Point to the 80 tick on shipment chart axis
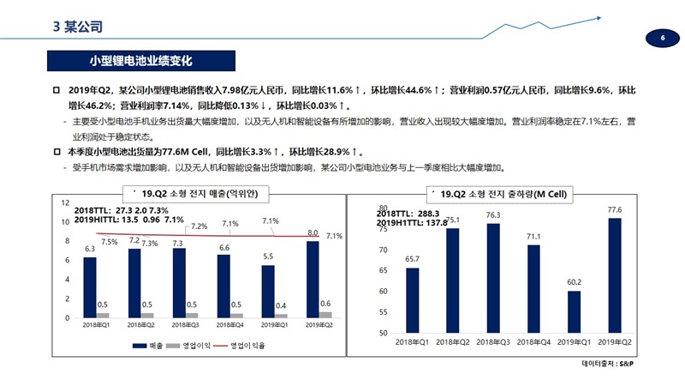tap(384, 208)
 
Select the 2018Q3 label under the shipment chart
tap(492, 342)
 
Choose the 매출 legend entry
tap(148, 345)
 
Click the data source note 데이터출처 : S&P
tap(612, 364)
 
